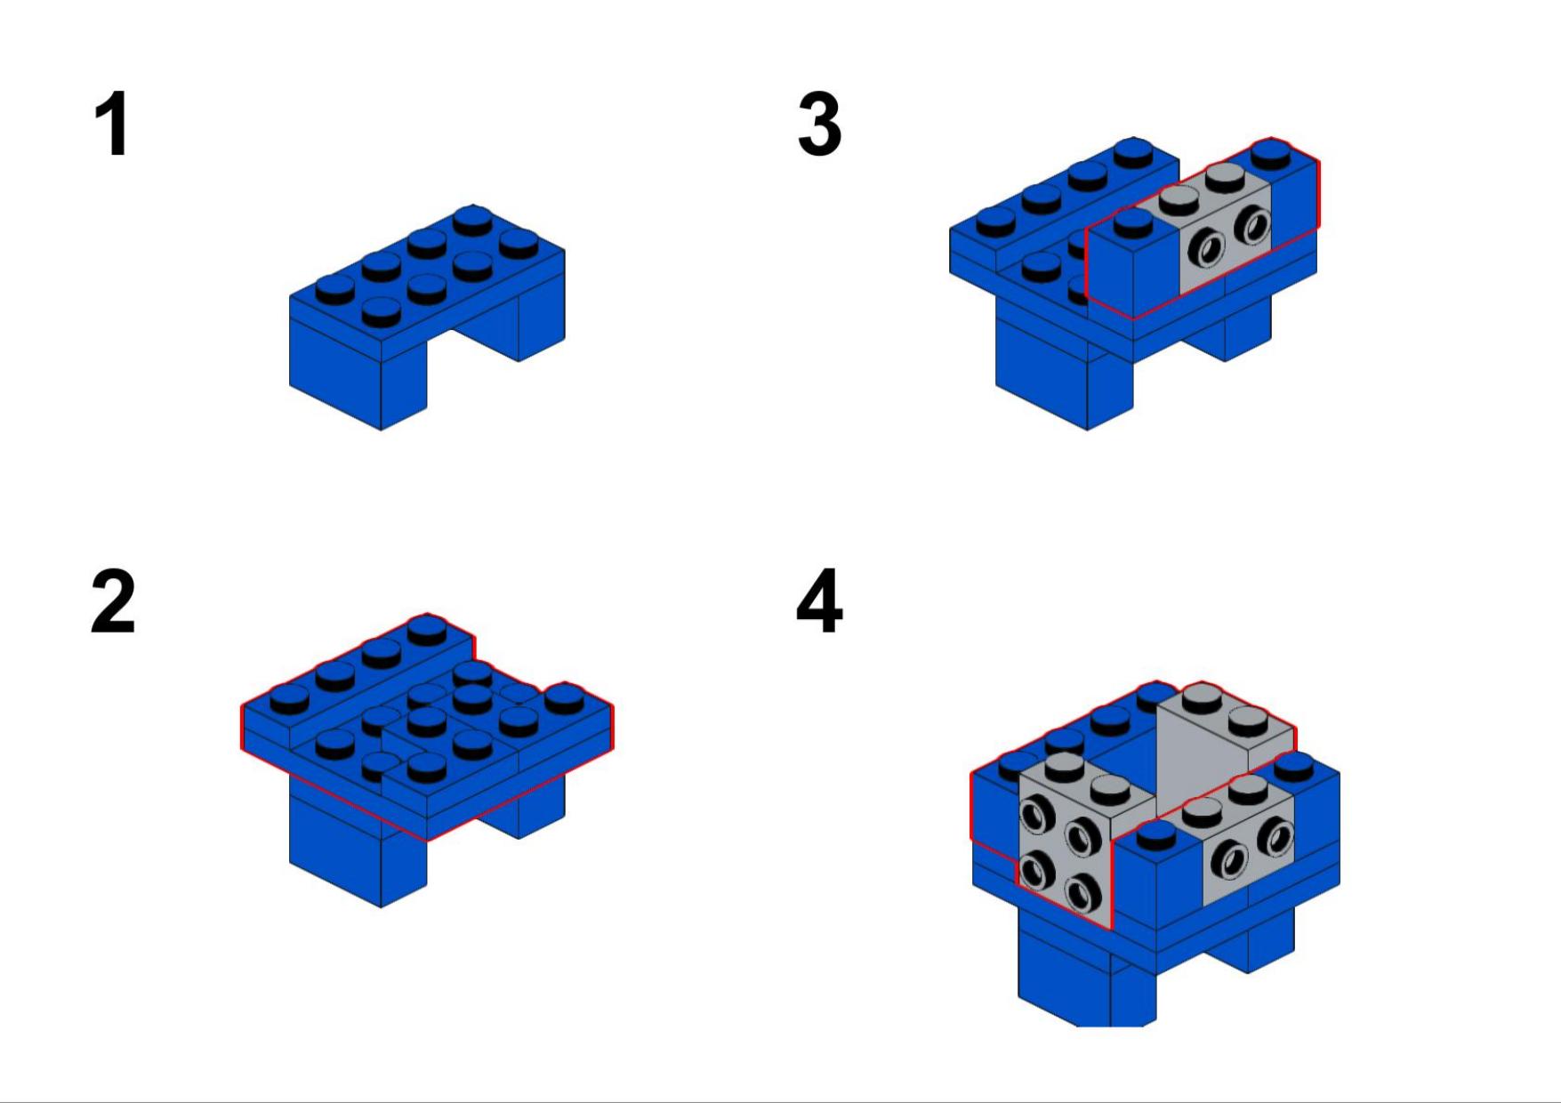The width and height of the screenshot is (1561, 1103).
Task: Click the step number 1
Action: (114, 123)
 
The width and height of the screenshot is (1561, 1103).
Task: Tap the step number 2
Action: (113, 602)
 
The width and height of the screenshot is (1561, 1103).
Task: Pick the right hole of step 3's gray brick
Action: (1253, 224)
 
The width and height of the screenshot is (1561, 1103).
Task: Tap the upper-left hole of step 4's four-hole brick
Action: (1036, 815)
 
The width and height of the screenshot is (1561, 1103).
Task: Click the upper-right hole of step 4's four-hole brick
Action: (1082, 837)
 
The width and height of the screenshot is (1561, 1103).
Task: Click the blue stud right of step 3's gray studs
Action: (1271, 155)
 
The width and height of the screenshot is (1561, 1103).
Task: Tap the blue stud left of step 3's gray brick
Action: (1132, 222)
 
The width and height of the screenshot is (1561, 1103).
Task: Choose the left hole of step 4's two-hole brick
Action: (1232, 859)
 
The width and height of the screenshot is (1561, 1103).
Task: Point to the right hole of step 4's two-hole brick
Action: (1277, 837)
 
